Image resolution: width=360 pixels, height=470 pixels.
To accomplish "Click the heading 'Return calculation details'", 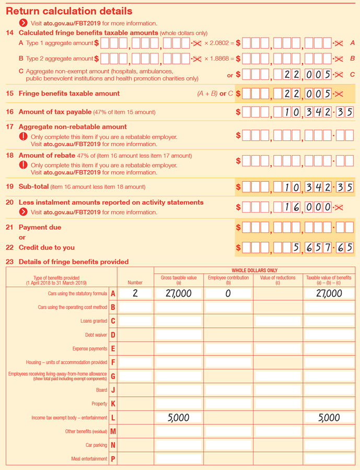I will (x=69, y=11).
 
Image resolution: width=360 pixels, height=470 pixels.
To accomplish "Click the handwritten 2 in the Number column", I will (x=135, y=293).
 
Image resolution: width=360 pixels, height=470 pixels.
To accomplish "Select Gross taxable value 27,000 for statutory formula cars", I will (x=178, y=294).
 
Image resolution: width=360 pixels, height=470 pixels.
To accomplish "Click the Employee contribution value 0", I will (x=228, y=294).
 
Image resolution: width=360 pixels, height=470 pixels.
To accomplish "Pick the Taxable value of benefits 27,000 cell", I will (x=329, y=294).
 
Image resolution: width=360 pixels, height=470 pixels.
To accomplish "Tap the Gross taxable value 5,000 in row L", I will (x=178, y=418).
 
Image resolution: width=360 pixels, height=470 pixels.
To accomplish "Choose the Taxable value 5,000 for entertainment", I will (x=329, y=418).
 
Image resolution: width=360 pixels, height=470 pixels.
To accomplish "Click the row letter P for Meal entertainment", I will (x=113, y=459).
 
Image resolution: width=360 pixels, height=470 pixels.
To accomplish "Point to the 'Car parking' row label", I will (x=96, y=445).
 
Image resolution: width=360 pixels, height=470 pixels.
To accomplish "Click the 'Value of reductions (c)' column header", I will (x=277, y=280).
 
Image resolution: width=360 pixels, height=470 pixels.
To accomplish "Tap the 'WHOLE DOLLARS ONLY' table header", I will (x=254, y=271).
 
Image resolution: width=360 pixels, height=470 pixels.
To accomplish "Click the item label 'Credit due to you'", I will (x=47, y=248).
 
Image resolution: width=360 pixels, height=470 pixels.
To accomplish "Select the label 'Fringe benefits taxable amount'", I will (x=69, y=93).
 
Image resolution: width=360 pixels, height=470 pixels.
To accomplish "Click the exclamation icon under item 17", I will (x=23, y=137).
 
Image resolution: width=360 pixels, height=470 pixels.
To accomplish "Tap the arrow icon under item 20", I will (x=23, y=212).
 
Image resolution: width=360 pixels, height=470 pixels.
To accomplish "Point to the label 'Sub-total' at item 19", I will (x=33, y=186).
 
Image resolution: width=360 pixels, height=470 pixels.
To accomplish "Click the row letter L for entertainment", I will (x=113, y=418).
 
